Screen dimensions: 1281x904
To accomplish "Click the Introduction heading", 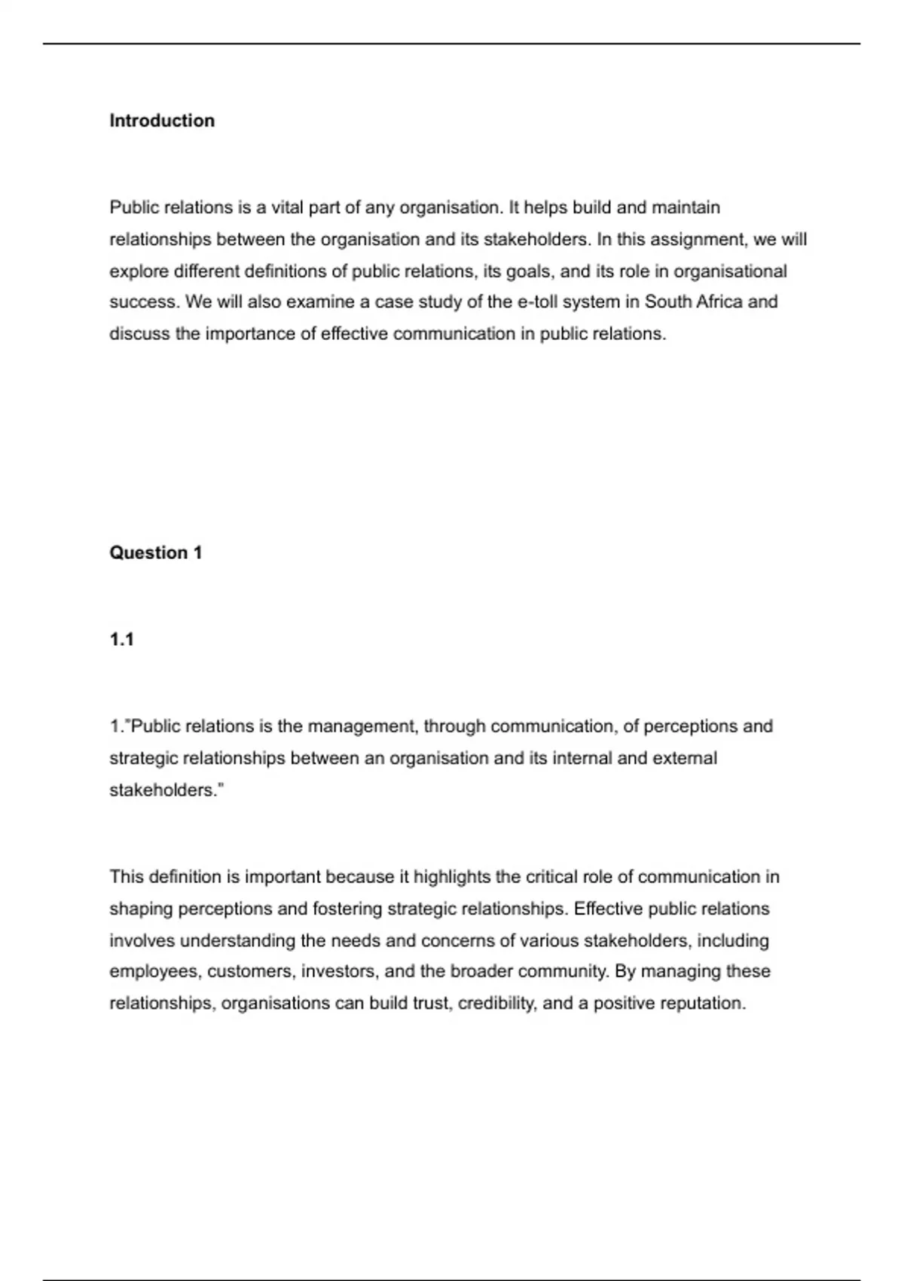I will tap(162, 121).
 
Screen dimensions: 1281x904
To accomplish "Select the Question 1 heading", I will tap(156, 552).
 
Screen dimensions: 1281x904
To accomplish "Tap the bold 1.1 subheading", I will tap(122, 640).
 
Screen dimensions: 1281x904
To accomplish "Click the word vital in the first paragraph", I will tap(287, 207).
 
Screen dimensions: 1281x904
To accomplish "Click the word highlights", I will tap(452, 877).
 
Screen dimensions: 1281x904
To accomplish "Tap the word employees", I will tap(155, 972).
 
